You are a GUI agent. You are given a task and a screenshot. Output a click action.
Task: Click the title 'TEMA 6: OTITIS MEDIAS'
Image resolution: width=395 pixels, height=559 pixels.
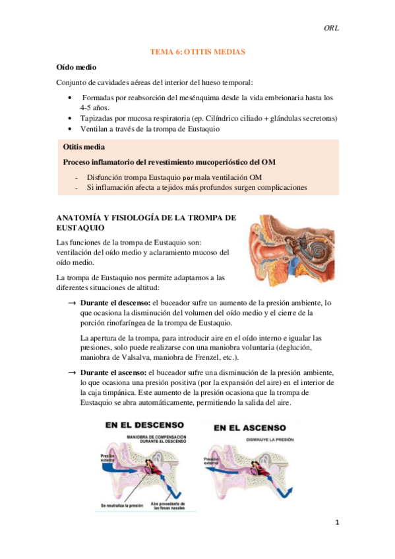[x=197, y=51]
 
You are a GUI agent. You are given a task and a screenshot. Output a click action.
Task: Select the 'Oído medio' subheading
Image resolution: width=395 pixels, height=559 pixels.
[x=76, y=67]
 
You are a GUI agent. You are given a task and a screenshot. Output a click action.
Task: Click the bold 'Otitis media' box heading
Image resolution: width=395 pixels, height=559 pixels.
[x=84, y=147]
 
